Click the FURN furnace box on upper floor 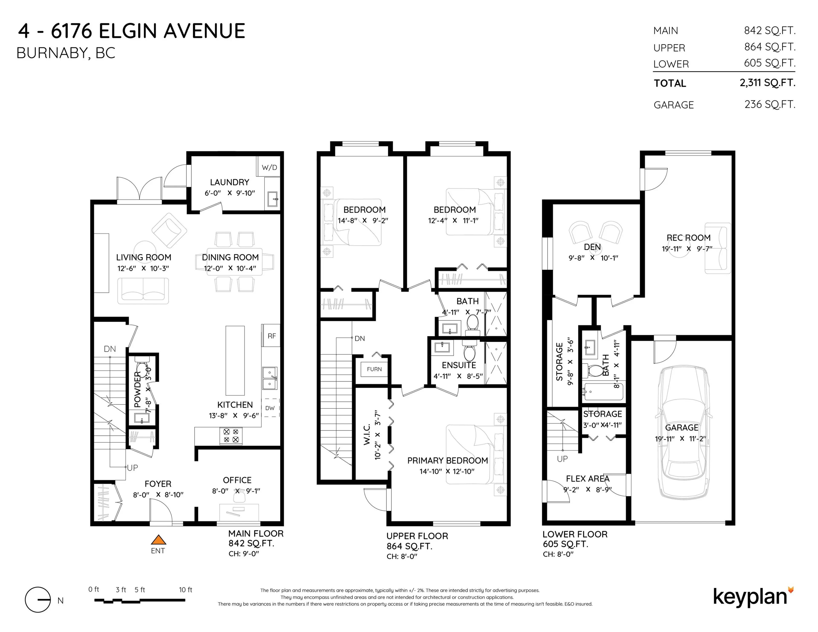click(374, 369)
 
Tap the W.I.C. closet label click(367, 434)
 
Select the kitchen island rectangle click(235, 361)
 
